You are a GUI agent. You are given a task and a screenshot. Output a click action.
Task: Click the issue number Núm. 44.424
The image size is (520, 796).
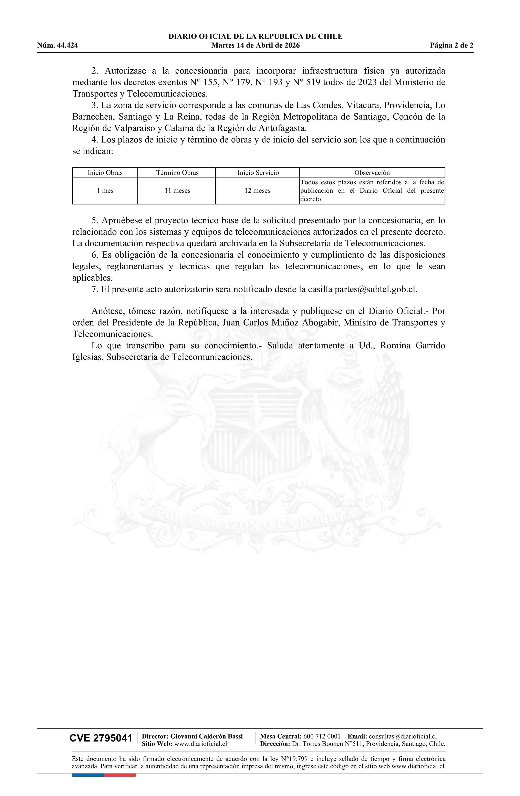coord(58,46)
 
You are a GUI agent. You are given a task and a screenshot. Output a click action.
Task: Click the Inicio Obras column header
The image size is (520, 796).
coord(105,173)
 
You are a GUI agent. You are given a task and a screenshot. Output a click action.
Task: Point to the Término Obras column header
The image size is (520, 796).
coord(177,173)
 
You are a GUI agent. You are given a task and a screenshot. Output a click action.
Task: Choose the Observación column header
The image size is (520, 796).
coord(372,173)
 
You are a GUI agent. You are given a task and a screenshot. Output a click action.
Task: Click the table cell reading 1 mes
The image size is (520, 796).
coord(105,191)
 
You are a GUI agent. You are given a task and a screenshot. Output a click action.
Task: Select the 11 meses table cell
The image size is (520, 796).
coord(177,191)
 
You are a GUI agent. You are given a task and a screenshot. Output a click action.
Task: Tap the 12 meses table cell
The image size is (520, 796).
coord(257,191)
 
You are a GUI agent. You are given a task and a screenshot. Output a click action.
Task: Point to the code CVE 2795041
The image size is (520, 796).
coord(101,738)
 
